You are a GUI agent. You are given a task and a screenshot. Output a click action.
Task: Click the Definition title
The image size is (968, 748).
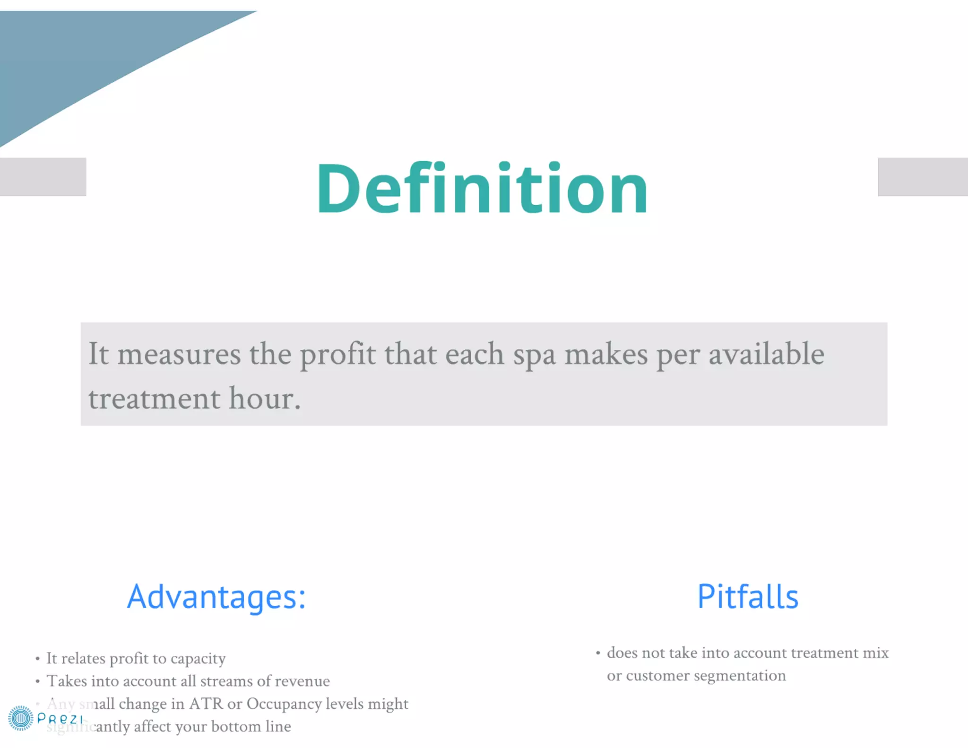pyautogui.click(x=482, y=189)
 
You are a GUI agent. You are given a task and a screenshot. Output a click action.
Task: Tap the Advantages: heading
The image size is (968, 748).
pyautogui.click(x=216, y=597)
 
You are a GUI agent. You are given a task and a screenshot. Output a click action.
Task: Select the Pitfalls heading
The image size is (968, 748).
pyautogui.click(x=748, y=597)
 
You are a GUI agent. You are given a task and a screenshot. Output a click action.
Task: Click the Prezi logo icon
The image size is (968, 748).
pyautogui.click(x=20, y=718)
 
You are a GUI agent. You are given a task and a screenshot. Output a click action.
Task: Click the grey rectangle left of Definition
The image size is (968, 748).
pyautogui.click(x=43, y=177)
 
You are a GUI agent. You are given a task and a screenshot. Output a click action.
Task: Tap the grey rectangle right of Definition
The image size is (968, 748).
pyautogui.click(x=923, y=177)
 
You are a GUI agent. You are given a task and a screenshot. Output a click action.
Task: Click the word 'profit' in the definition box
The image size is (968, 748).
pyautogui.click(x=338, y=355)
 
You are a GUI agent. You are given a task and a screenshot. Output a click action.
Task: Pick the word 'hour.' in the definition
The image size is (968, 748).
pyautogui.click(x=265, y=399)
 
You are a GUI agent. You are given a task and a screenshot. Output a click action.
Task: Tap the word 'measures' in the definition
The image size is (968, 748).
pyautogui.click(x=179, y=355)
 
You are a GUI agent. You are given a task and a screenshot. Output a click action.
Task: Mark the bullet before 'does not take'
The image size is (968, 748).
pyautogui.click(x=598, y=653)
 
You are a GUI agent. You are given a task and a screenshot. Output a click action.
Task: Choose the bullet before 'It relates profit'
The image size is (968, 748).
pyautogui.click(x=37, y=659)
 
